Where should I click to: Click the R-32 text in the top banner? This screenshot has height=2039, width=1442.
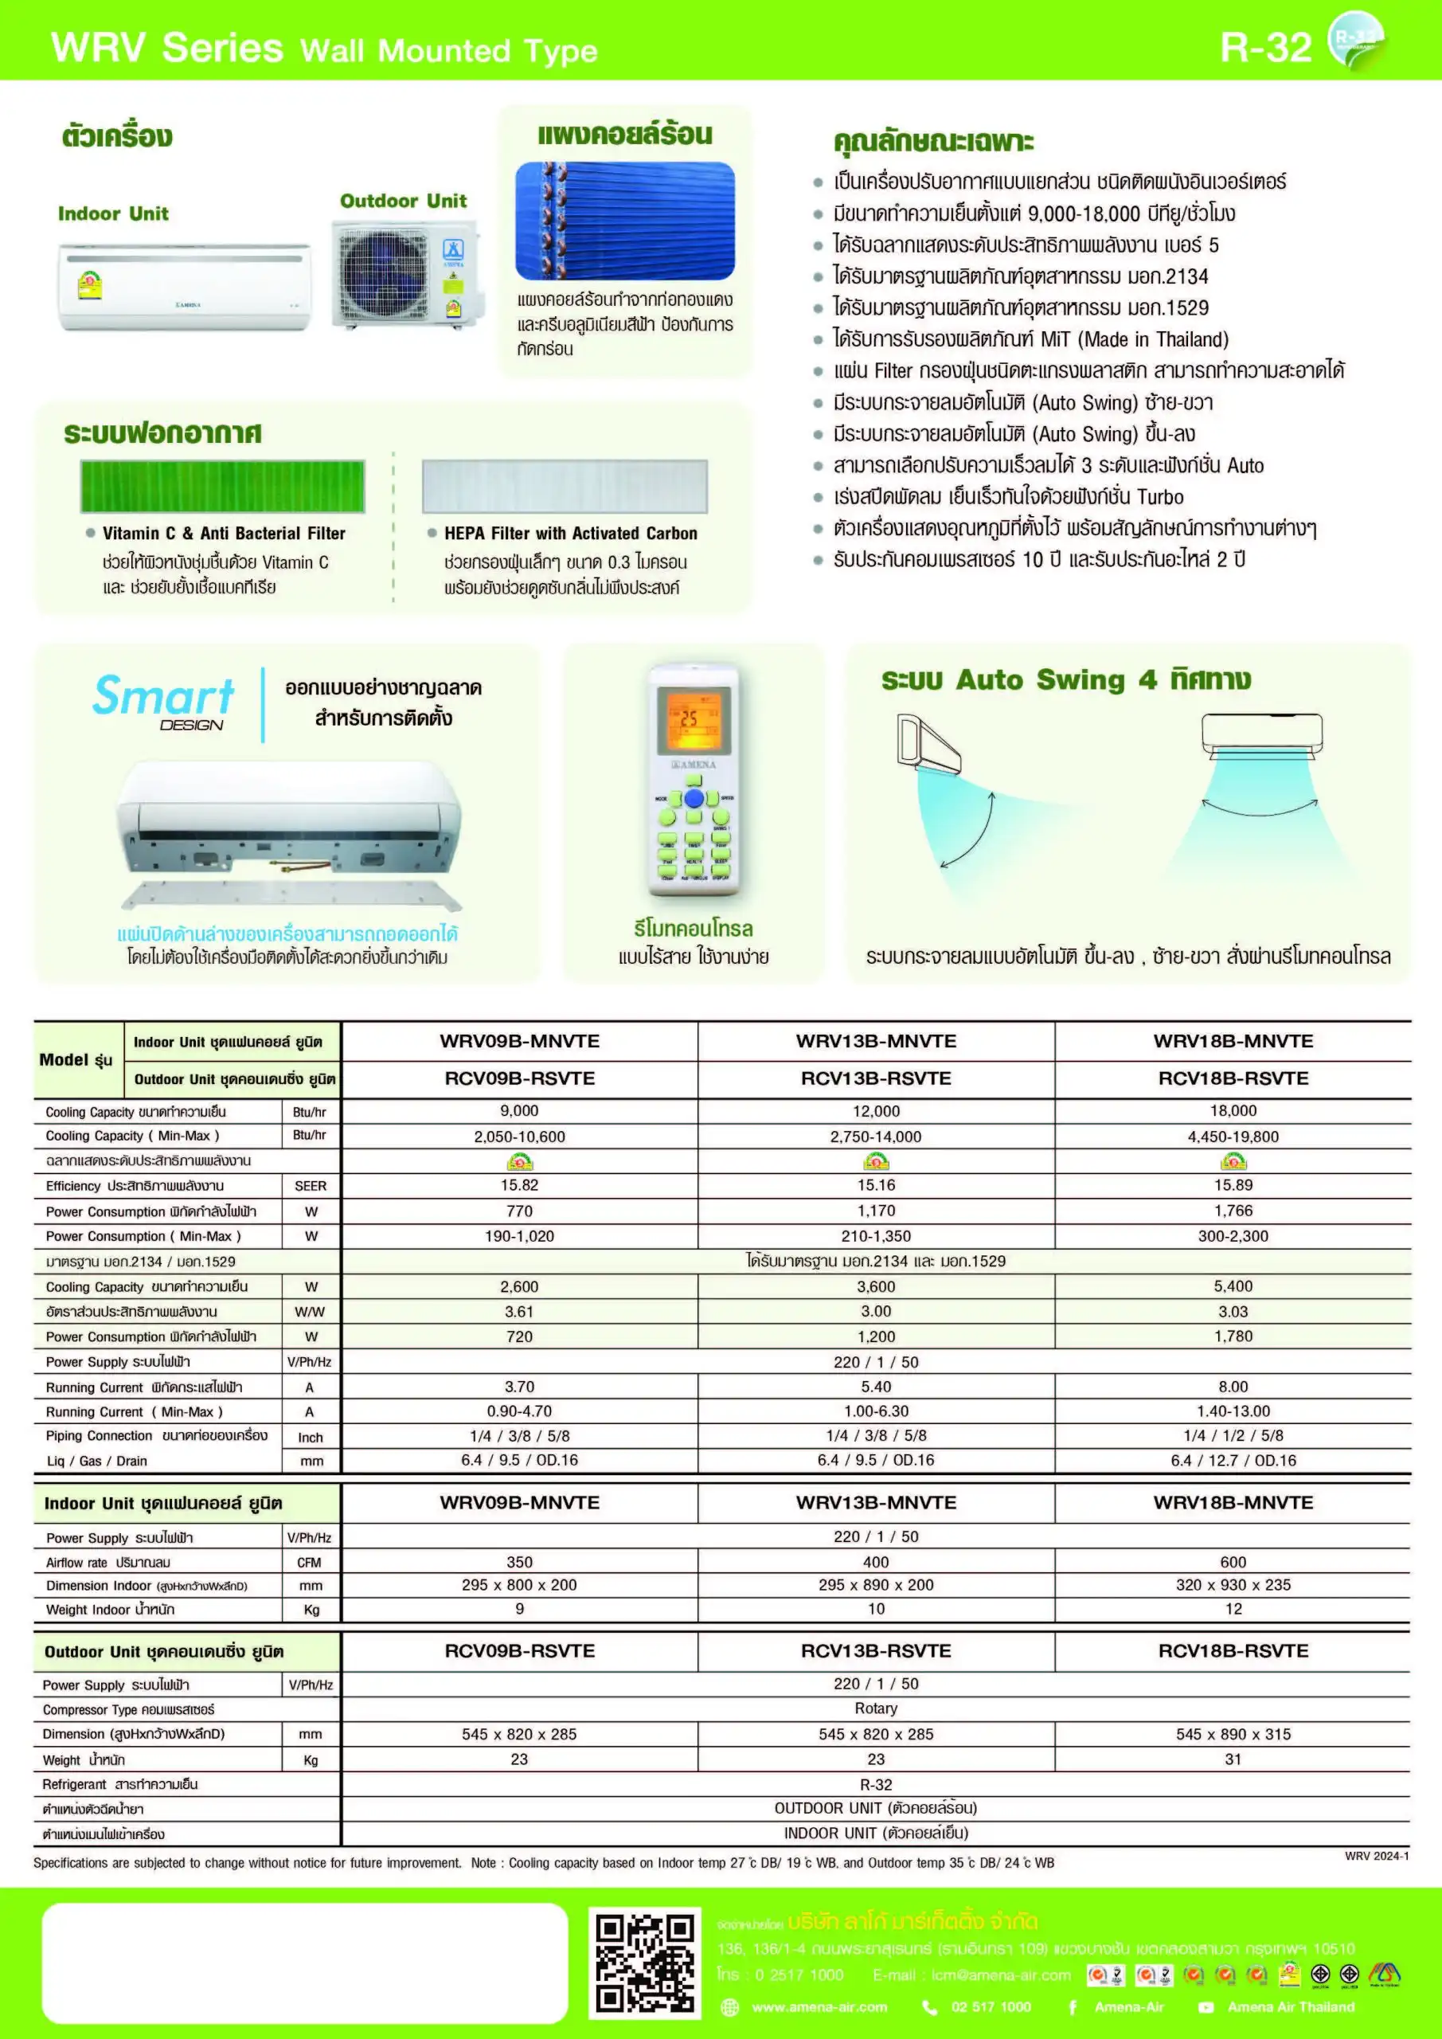click(1265, 47)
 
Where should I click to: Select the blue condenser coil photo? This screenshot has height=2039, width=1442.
click(625, 221)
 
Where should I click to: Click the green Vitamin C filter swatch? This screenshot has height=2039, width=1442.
click(222, 486)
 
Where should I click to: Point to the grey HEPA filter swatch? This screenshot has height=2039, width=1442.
click(565, 486)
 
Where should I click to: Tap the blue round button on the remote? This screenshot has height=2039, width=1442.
click(694, 797)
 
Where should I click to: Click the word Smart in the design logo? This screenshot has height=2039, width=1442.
click(163, 695)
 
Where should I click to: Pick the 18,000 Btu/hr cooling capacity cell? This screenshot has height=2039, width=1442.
click(1233, 1110)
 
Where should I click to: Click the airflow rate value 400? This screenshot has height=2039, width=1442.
click(876, 1561)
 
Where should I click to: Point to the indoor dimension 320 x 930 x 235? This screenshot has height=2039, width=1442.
click(1233, 1584)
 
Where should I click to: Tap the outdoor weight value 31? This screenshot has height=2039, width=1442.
click(1233, 1759)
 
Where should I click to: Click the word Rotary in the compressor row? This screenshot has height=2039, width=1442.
click(876, 1708)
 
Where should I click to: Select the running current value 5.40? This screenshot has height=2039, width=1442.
click(876, 1386)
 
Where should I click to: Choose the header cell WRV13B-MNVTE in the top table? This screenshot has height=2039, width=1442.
click(876, 1041)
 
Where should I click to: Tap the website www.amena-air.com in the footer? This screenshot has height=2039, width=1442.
click(819, 2007)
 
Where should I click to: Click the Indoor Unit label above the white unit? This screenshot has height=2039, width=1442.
click(113, 213)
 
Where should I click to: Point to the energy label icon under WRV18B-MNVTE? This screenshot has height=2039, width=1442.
click(1233, 1160)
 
